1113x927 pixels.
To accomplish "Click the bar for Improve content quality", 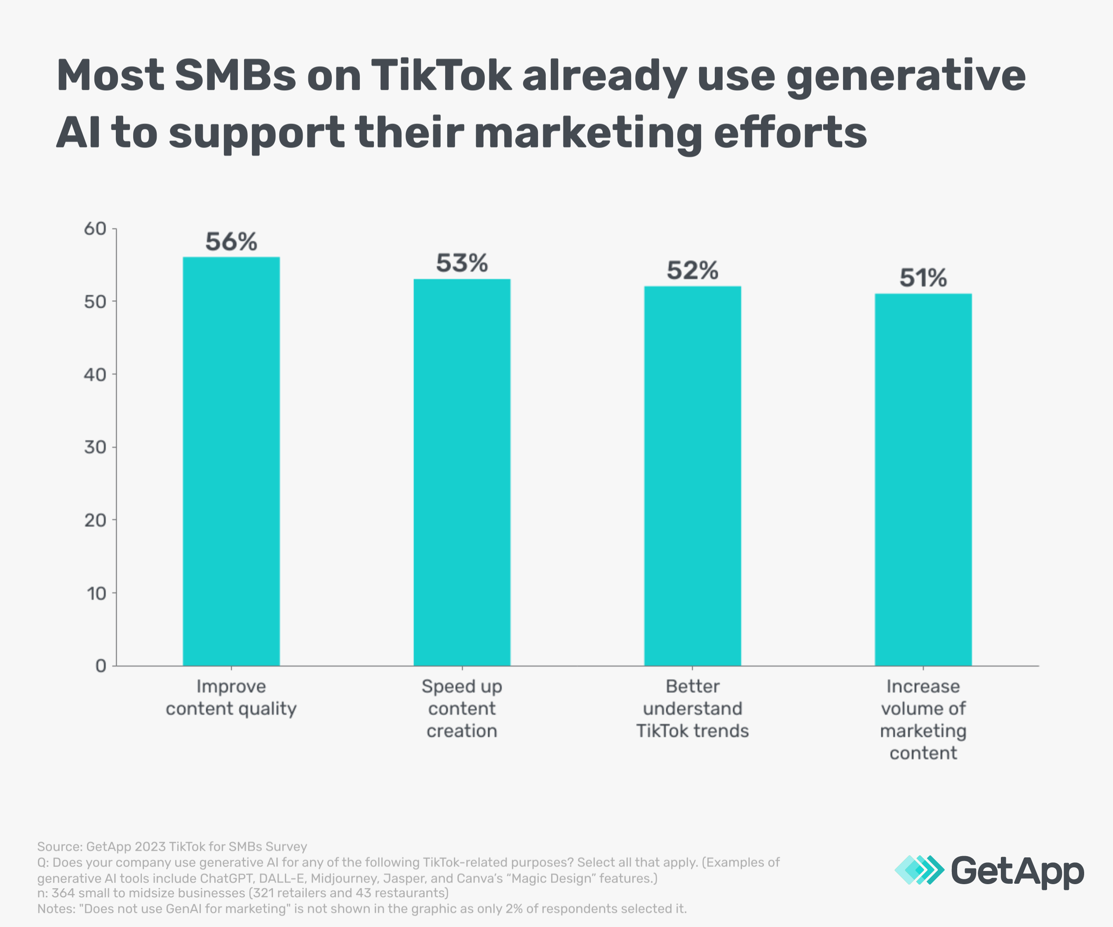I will (x=231, y=461).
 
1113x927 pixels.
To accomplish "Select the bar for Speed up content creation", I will (x=462, y=471).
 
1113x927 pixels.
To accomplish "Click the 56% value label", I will (x=231, y=242).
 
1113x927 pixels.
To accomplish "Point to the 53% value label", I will (x=462, y=263).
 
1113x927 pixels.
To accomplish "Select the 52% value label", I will (x=692, y=271).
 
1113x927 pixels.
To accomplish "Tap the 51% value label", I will (x=923, y=278).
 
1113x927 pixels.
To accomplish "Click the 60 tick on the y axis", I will (x=95, y=229).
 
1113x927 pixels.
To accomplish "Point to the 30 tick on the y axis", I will (x=95, y=447).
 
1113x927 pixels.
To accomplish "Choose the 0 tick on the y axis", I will (x=101, y=666).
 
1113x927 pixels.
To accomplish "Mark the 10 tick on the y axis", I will (x=96, y=593).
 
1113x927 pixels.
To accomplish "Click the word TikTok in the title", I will (x=440, y=75).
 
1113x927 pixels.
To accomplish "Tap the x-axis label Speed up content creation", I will (x=462, y=709).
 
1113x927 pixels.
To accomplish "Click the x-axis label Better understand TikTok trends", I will (x=692, y=709).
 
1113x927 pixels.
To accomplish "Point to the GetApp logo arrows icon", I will (x=918, y=870).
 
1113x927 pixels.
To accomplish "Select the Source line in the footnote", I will (x=172, y=847).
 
